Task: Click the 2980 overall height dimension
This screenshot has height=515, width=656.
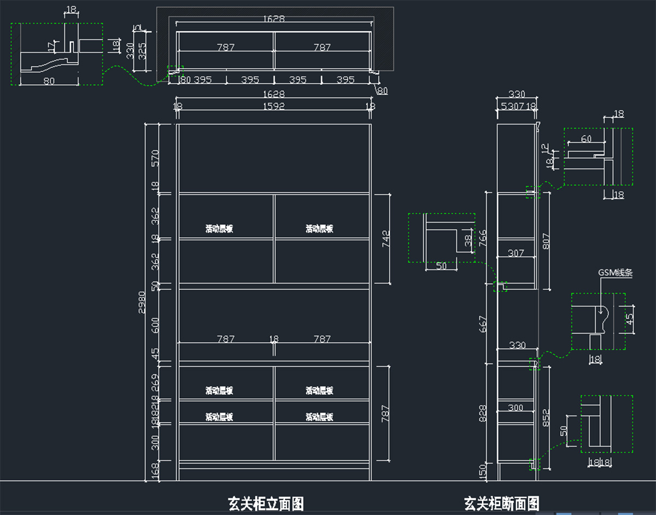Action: coord(141,302)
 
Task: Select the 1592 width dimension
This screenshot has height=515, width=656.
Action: coord(273,107)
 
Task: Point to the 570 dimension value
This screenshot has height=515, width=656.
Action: coord(155,157)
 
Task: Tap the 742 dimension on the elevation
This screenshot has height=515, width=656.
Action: coord(386,239)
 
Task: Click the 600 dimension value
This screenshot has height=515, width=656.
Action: coord(155,325)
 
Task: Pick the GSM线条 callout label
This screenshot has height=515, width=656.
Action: coord(615,273)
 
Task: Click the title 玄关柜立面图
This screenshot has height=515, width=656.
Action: coord(266,503)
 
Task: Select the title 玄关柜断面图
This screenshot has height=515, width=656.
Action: coord(502,503)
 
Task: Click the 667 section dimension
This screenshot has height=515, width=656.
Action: coord(483,324)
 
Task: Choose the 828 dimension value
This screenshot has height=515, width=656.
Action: coord(483,414)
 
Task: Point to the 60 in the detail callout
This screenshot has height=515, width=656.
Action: coord(586,139)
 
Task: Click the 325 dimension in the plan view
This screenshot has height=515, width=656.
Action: coord(143,52)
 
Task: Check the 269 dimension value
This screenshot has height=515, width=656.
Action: coord(155,379)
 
